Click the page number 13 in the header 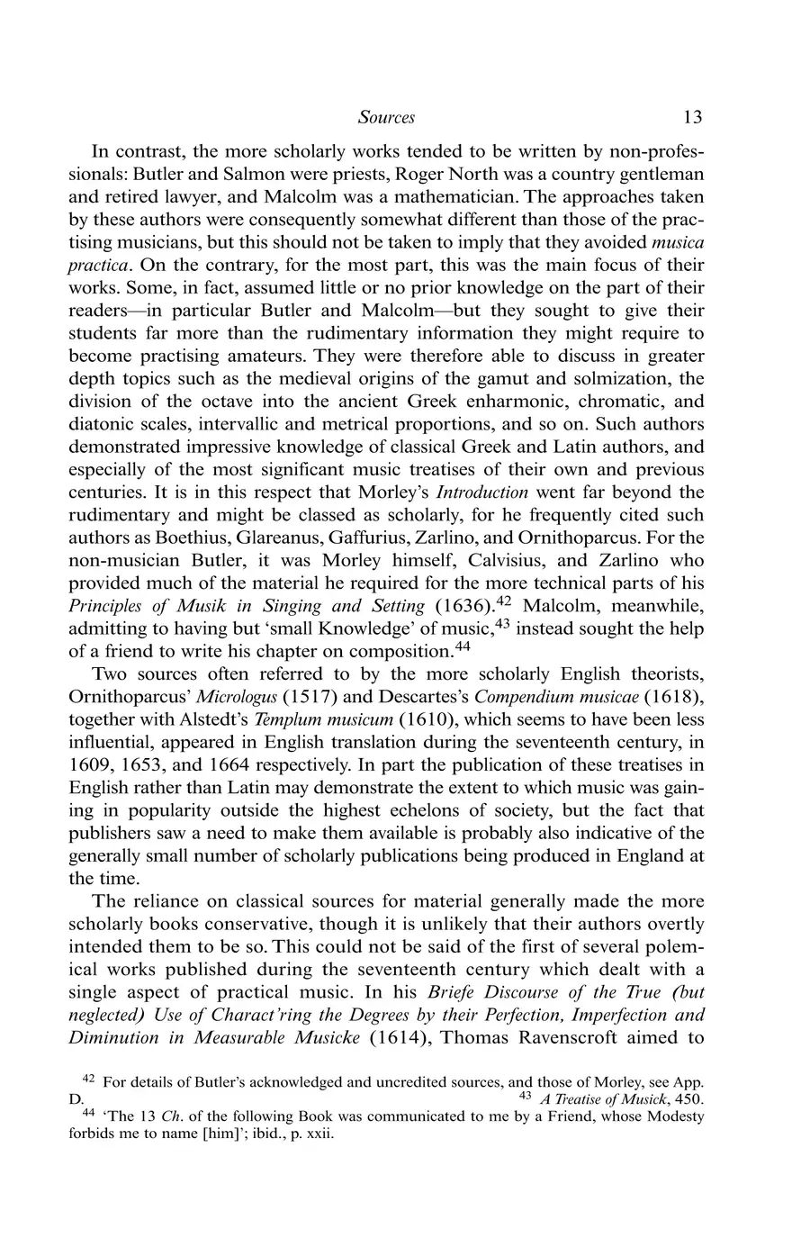coord(692,117)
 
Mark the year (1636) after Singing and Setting coord(460,606)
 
